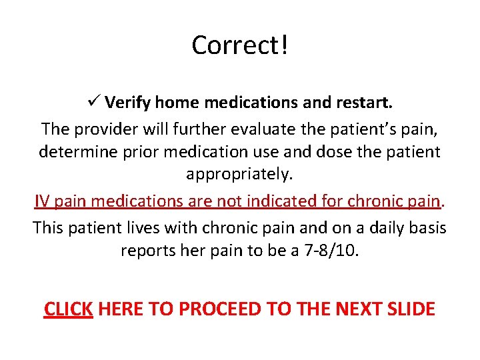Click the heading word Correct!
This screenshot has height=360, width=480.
(240, 45)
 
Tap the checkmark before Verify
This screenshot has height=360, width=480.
(93, 103)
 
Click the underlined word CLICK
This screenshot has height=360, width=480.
(68, 309)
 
